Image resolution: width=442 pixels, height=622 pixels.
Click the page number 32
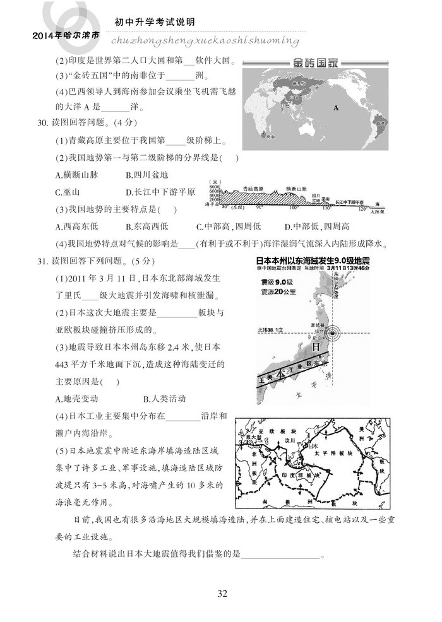coord(222,593)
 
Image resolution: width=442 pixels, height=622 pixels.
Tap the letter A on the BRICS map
coord(337,108)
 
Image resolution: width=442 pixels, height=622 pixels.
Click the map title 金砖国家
coord(314,64)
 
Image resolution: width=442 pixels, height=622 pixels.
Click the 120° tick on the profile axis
coord(362,208)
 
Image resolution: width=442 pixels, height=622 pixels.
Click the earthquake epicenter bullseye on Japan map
coord(335,332)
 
